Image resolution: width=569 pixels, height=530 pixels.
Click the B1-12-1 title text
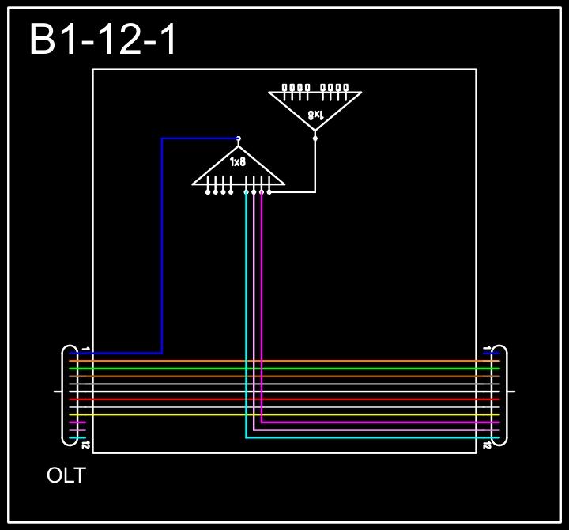(104, 40)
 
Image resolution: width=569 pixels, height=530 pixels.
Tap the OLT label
(66, 476)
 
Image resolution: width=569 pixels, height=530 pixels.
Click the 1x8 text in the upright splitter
(238, 162)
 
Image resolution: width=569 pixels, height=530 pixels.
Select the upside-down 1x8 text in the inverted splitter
(315, 115)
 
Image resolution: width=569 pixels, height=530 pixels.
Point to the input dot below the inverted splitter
(315, 138)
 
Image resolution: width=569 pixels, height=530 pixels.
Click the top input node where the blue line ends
(238, 138)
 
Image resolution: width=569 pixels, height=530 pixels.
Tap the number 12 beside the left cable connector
(85, 445)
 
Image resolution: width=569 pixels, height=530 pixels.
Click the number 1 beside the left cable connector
(85, 348)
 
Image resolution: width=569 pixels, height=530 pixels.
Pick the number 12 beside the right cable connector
(487, 445)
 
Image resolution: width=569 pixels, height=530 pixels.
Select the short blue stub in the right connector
(492, 354)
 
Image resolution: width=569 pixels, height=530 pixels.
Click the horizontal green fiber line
(284, 369)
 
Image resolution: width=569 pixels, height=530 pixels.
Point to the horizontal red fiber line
(284, 399)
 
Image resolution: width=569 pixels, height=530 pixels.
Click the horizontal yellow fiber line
(284, 415)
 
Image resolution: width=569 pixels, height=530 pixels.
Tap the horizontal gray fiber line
(284, 384)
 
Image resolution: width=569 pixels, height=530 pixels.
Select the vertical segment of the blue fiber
(162, 245)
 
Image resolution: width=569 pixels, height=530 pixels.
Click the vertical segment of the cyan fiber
(246, 316)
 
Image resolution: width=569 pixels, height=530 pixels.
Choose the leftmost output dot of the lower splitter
(208, 192)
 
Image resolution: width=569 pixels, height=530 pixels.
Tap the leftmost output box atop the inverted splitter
(285, 87)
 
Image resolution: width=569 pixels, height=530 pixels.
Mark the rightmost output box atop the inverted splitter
(345, 87)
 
